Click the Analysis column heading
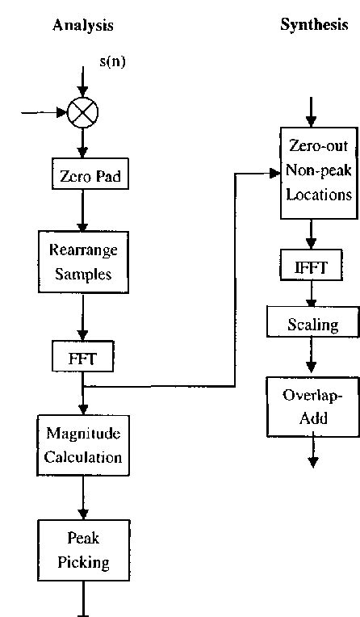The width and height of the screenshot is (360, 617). click(82, 25)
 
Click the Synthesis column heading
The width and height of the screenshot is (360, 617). click(314, 25)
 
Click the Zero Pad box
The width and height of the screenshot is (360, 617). click(82, 175)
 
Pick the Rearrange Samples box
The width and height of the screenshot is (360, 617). click(82, 262)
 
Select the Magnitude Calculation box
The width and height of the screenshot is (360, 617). click(82, 445)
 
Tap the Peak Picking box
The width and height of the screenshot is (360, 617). click(82, 551)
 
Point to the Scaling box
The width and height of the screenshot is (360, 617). click(313, 325)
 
